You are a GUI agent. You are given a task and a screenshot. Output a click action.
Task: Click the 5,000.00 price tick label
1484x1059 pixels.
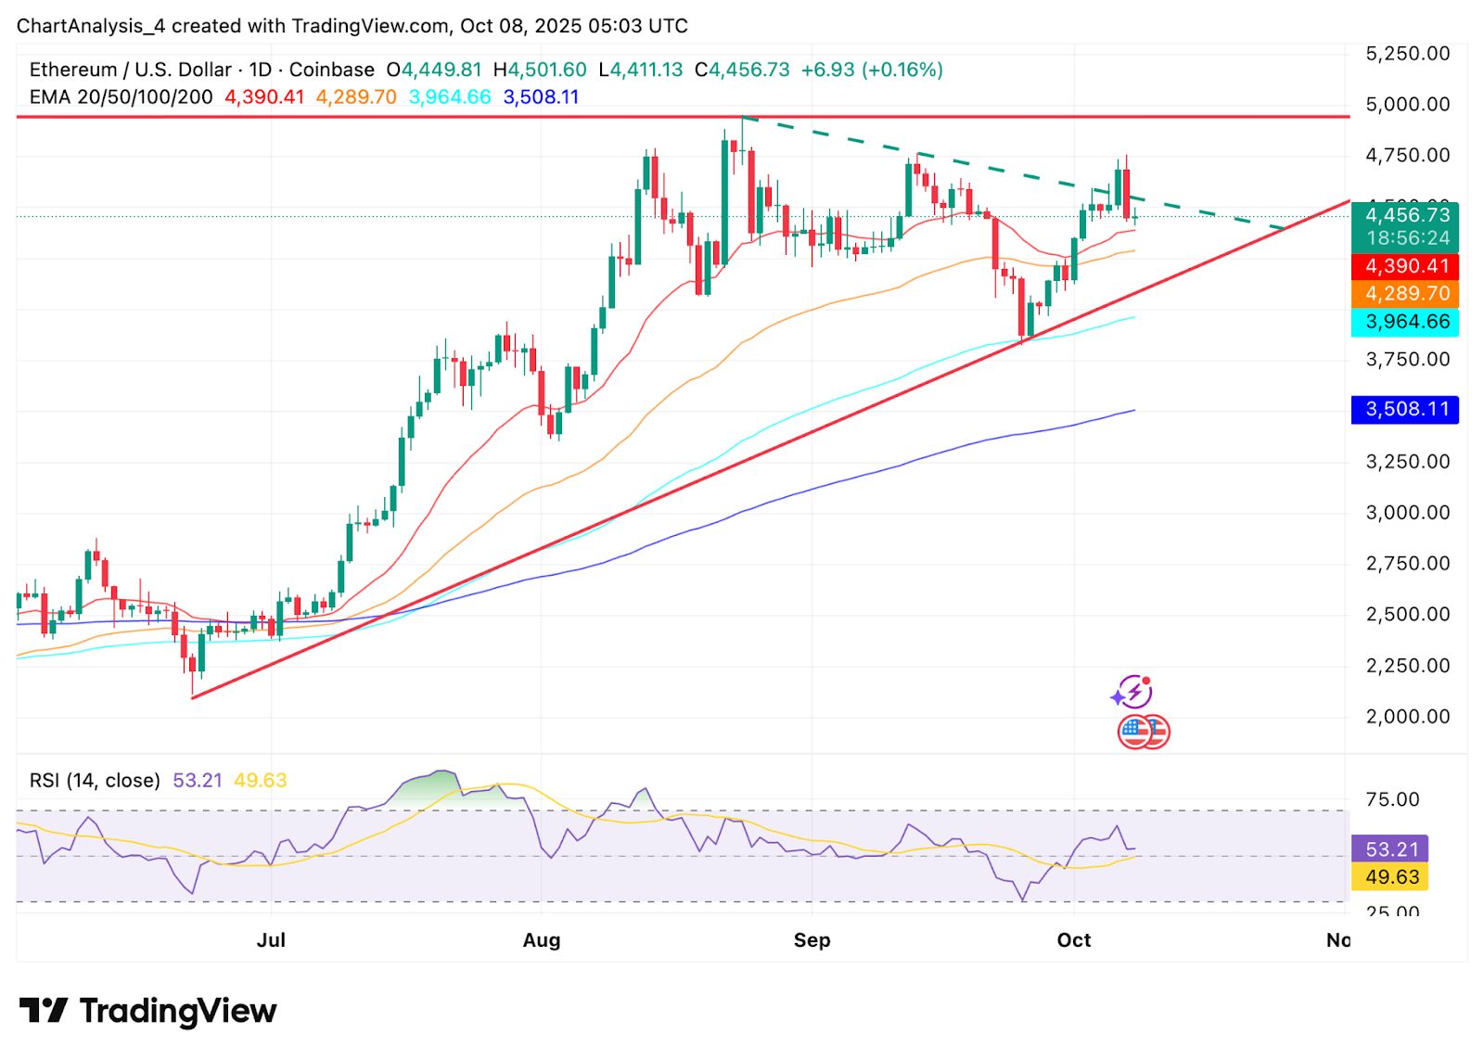click(x=1407, y=104)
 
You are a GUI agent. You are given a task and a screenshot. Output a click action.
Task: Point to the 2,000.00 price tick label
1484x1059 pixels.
click(x=1407, y=716)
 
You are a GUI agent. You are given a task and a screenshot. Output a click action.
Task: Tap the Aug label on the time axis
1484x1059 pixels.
click(x=542, y=940)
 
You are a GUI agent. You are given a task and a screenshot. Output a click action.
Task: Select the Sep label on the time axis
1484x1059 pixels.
click(x=812, y=940)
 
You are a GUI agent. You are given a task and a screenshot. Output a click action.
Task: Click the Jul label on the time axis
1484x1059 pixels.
click(x=271, y=940)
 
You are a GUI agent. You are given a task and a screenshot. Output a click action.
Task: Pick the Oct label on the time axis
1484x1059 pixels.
click(x=1074, y=940)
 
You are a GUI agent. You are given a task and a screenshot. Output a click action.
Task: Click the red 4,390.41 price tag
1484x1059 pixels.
click(x=1405, y=266)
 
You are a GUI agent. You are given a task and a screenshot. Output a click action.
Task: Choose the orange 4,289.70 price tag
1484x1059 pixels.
click(x=1405, y=294)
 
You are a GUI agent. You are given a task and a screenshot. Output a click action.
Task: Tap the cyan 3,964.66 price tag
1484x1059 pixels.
click(x=1405, y=322)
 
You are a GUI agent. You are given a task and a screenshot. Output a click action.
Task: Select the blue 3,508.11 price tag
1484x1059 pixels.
click(x=1405, y=409)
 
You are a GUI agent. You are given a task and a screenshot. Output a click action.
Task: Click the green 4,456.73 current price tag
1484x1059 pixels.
click(x=1405, y=216)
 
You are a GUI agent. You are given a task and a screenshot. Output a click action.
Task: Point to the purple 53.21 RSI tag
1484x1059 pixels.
click(x=1390, y=848)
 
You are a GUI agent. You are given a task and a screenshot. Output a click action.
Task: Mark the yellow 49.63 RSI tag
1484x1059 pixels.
click(x=1390, y=876)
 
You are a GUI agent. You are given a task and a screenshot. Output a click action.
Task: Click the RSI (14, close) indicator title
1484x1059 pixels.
click(x=95, y=781)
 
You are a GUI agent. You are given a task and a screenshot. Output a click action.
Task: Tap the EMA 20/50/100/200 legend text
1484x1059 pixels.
click(x=121, y=96)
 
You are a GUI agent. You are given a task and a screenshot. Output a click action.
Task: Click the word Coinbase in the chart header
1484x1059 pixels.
click(x=332, y=70)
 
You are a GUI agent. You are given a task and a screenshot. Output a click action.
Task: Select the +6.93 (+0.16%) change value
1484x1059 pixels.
click(x=872, y=70)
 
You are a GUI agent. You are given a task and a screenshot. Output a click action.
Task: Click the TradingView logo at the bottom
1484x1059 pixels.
click(x=148, y=1010)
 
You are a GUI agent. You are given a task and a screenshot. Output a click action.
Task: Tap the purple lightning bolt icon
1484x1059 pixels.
click(x=1132, y=692)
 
